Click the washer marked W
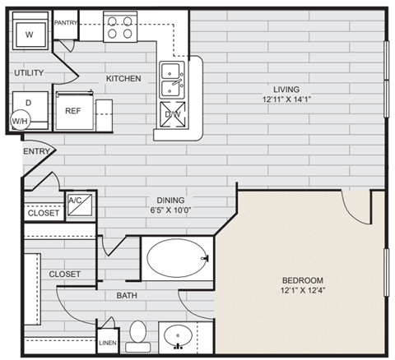pos(30,35)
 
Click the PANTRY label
pos(65,23)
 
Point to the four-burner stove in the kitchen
pos(120,26)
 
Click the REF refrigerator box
pos(72,108)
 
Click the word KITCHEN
pos(123,79)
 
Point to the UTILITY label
pos(28,73)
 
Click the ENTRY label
pos(36,151)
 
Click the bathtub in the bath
pos(177,258)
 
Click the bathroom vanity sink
pos(179,337)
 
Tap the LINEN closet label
pos(108,343)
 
